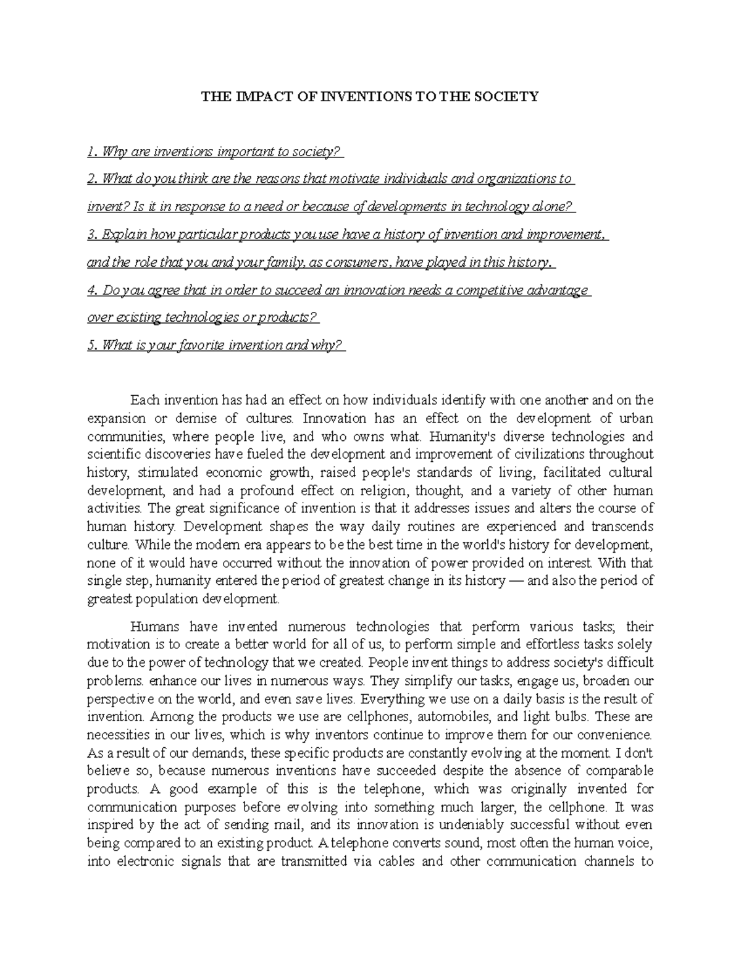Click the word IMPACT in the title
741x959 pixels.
[x=250, y=96]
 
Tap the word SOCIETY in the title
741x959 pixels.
[x=510, y=96]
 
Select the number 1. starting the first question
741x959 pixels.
[x=93, y=152]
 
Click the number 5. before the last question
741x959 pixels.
[x=93, y=346]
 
